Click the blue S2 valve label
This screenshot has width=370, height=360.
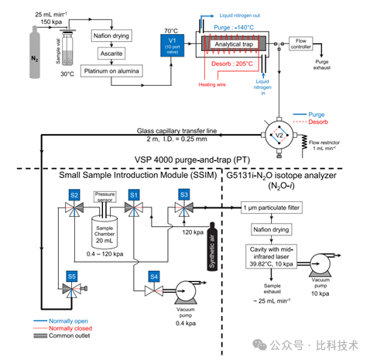(74, 194)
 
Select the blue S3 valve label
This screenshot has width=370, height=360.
(185, 194)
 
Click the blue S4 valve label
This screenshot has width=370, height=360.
(153, 275)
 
